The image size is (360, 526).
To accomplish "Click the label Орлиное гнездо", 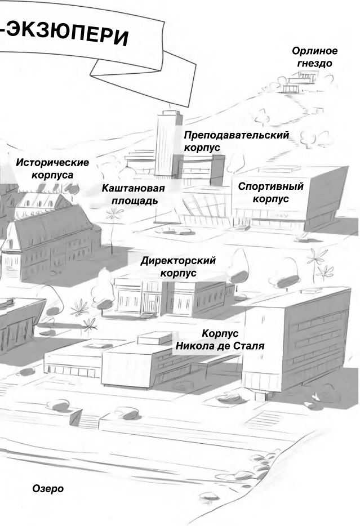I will (314, 57).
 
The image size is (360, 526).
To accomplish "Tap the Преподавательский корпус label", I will (236, 141).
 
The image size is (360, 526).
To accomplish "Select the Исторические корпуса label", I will (52, 168).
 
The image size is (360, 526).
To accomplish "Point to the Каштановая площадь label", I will (134, 194).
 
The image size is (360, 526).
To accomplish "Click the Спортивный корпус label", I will (270, 192).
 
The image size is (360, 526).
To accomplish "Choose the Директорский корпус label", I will (178, 266).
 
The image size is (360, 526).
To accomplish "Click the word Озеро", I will (48, 488).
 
